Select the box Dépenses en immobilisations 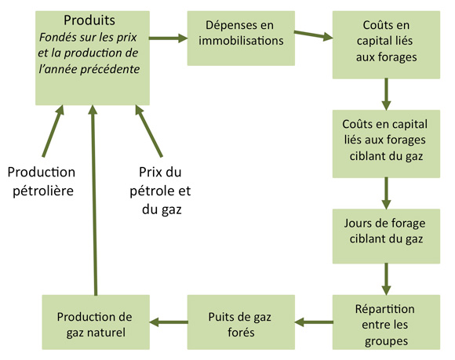click(240, 38)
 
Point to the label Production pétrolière click(42, 180)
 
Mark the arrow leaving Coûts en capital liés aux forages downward click(385, 93)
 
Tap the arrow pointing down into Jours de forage click(385, 191)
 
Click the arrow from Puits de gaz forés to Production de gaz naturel click(167, 321)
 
